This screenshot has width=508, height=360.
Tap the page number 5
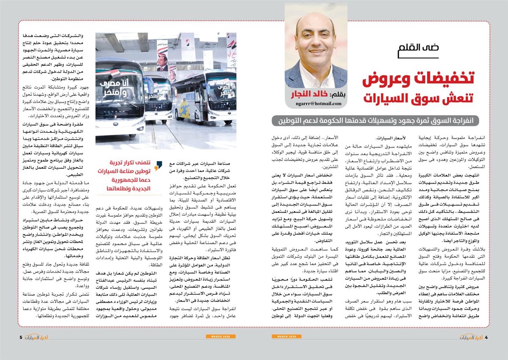(x=20, y=337)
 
